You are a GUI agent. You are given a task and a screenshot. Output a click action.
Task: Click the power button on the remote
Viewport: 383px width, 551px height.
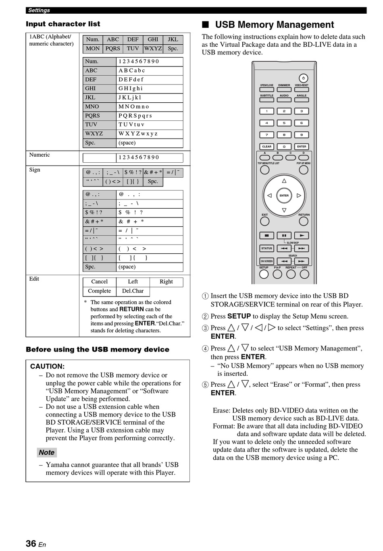pos(303,78)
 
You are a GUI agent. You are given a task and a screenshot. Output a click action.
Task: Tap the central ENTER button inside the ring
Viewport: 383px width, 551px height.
pos(284,196)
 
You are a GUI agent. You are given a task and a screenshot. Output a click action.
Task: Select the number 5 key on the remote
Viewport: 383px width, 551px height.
pos(284,123)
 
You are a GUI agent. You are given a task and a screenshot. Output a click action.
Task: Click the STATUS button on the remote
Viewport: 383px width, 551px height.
pos(266,249)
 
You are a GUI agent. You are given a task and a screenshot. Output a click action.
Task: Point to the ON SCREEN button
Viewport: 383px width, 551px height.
pos(266,261)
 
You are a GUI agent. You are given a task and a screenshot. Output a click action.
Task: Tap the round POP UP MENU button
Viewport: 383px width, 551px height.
pos(303,170)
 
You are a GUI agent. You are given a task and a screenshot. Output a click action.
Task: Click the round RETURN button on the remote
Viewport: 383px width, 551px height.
pos(304,221)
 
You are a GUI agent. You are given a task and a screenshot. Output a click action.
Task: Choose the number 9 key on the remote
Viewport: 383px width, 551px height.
pos(302,135)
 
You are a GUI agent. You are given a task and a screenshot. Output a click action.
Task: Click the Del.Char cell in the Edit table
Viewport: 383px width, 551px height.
pos(133,291)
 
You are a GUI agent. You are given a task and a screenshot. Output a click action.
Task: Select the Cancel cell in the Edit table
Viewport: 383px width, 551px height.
pos(99,282)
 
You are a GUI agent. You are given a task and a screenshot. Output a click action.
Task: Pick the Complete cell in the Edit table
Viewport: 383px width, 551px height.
pos(99,291)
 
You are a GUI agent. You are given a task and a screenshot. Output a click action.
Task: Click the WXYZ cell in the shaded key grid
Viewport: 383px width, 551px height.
pos(153,48)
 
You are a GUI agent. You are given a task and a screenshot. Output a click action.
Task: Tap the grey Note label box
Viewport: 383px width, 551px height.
pos(47,452)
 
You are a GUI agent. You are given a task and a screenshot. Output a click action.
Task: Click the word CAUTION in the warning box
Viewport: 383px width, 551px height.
pos(47,367)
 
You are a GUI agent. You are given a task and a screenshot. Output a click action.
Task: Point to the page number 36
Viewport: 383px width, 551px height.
pos(31,543)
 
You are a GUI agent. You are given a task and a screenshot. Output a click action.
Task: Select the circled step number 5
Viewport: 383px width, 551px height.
pos(205,385)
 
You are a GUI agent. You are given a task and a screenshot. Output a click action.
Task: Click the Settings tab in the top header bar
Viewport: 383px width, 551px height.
pos(39,10)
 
